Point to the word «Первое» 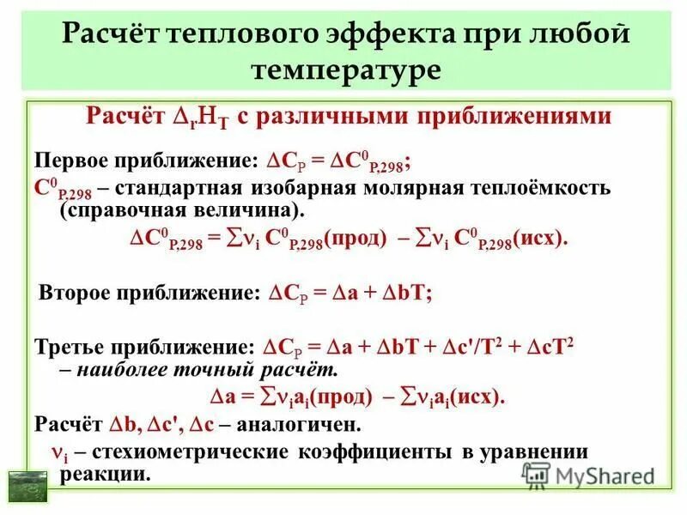pyautogui.click(x=73, y=161)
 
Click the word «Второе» pyautogui.click(x=79, y=292)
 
